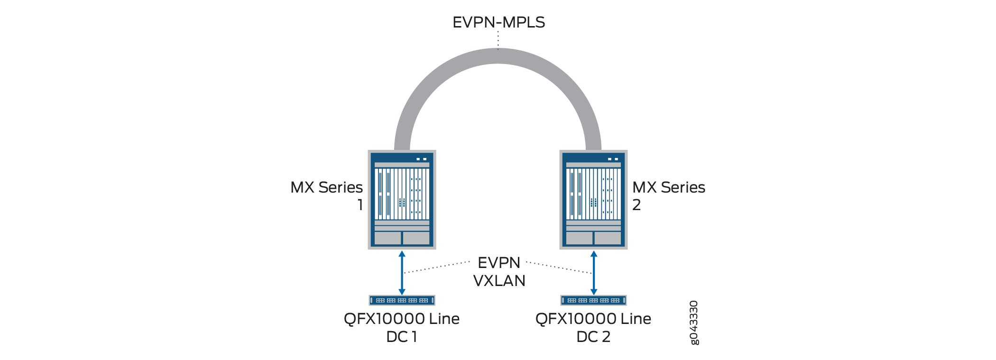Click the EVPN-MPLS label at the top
click(x=498, y=22)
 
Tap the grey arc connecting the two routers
click(x=498, y=56)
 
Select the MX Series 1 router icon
click(x=402, y=200)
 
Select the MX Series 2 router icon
click(x=593, y=200)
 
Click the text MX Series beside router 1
click(x=327, y=187)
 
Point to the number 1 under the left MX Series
click(x=360, y=205)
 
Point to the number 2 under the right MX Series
click(x=636, y=205)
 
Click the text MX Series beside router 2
click(x=669, y=187)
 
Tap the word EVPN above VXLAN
click(x=499, y=263)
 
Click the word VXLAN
click(x=499, y=281)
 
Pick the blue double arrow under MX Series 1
click(x=402, y=273)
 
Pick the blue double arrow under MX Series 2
click(x=594, y=273)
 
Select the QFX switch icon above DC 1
click(x=402, y=300)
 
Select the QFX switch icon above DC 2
click(x=594, y=300)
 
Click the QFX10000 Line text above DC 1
click(x=402, y=319)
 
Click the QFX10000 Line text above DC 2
click(x=593, y=319)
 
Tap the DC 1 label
click(x=402, y=337)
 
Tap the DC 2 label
click(x=593, y=337)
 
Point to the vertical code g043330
click(x=694, y=323)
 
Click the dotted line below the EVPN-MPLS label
click(x=498, y=40)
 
